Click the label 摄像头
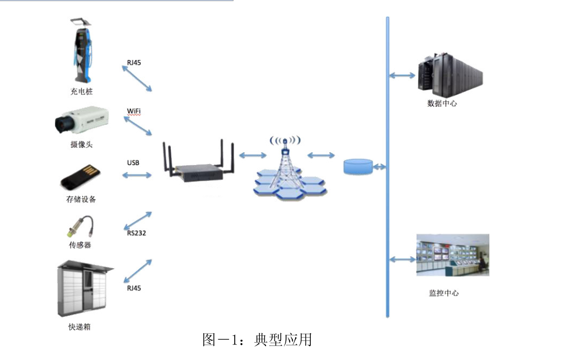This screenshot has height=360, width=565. [x=81, y=144]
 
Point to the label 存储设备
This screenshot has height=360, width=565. [x=81, y=199]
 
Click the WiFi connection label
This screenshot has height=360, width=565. [x=133, y=111]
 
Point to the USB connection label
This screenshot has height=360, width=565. [x=133, y=163]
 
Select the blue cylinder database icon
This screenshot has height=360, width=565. [x=358, y=166]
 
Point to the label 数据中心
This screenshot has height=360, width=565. [x=442, y=104]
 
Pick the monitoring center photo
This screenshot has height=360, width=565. [x=452, y=255]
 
